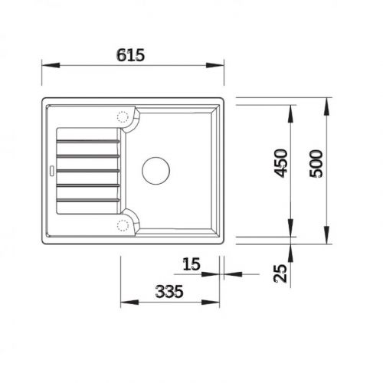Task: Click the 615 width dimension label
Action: click(132, 54)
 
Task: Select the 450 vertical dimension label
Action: click(281, 163)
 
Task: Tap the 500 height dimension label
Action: click(317, 163)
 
